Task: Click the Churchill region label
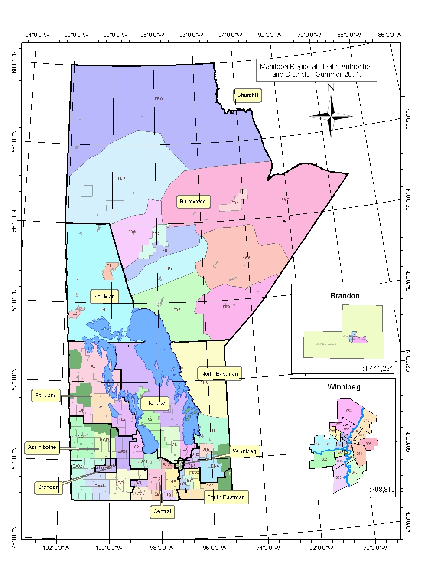pos(247,95)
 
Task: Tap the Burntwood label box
pos(193,201)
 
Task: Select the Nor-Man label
pos(104,297)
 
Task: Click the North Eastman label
pos(219,373)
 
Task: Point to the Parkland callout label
pos(46,396)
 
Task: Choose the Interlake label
pos(154,403)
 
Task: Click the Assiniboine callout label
pos(42,447)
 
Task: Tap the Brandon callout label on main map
pos(48,487)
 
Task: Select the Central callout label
pos(162,511)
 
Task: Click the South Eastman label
pos(226,497)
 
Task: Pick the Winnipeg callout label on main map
pos(244,451)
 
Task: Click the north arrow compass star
pos(331,116)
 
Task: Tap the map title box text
pos(316,70)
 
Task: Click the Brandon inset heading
pos(345,296)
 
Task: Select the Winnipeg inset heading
pos(344,387)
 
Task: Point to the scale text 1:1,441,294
pos(376,369)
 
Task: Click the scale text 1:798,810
pos(380,490)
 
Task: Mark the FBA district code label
pos(159,99)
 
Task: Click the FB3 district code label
pos(121,178)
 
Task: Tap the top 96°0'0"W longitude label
pos(191,35)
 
